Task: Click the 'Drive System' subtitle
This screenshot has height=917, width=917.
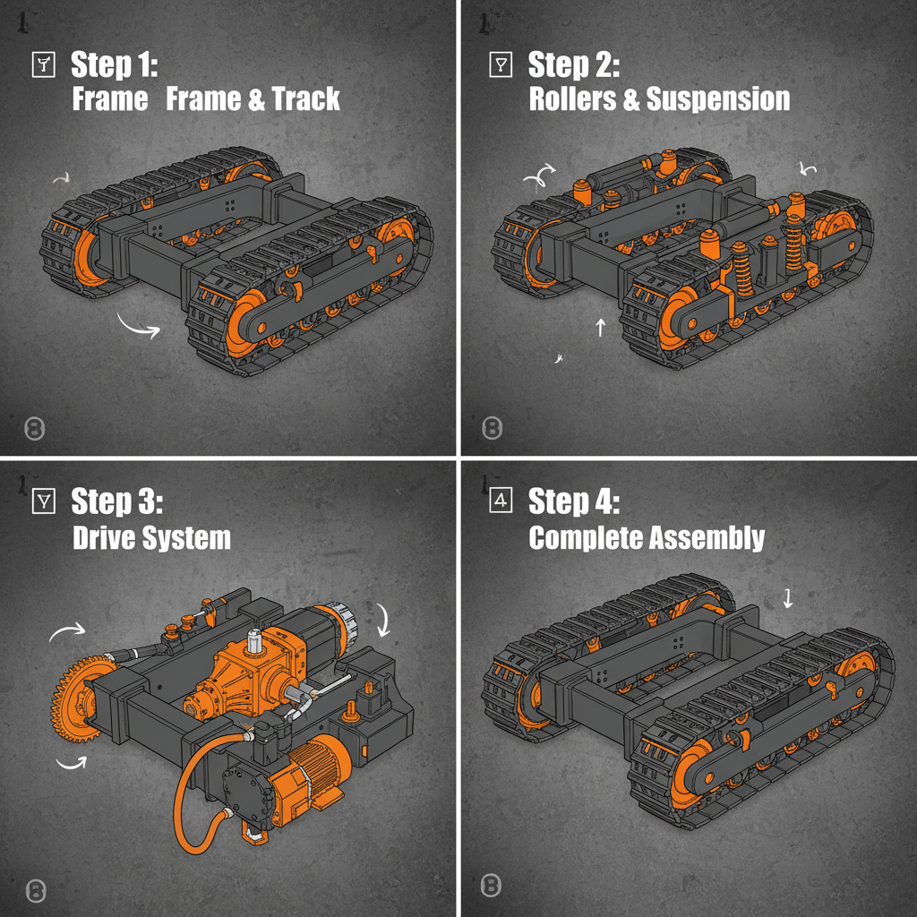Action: point(150,538)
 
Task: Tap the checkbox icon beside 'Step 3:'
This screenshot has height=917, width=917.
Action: point(42,501)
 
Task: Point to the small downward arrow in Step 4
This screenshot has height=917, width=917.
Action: point(788,598)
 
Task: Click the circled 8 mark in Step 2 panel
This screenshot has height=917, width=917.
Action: point(492,428)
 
